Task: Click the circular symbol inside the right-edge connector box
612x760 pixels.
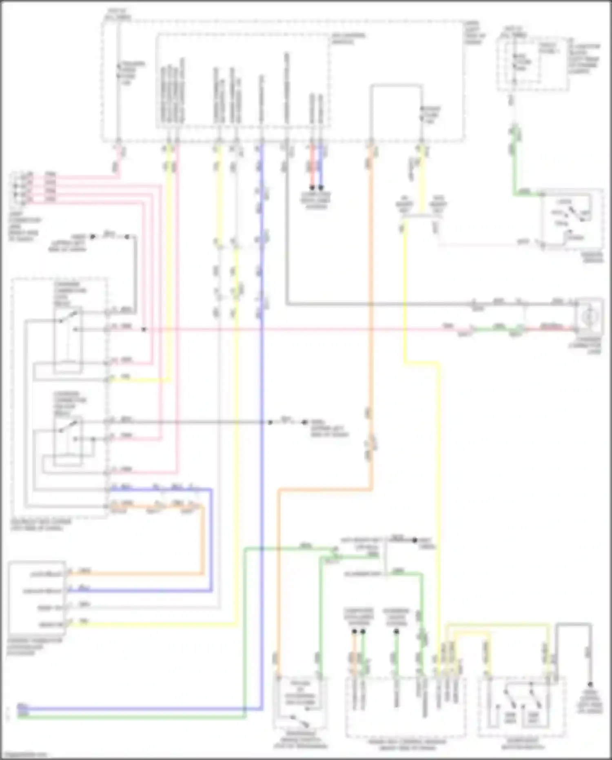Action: [x=589, y=316]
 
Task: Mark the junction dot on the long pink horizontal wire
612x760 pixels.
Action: [x=144, y=329]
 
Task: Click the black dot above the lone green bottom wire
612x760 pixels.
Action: [x=396, y=632]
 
